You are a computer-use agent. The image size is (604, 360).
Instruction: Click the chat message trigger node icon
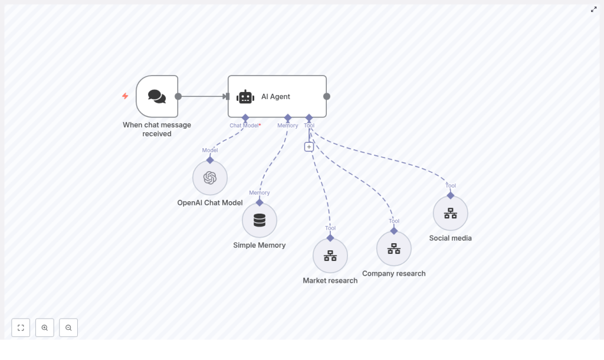pos(157,96)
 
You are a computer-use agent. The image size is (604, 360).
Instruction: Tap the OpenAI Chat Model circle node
pos(210,178)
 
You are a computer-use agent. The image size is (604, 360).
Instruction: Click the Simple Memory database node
pos(260,220)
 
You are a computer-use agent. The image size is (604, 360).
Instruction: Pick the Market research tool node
pos(330,256)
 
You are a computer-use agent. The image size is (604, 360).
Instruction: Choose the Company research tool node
pos(394,248)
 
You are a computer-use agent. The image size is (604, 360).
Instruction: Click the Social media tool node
pos(451,213)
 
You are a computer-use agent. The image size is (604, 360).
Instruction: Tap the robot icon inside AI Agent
pos(245,97)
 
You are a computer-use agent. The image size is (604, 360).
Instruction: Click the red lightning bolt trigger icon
pos(125,96)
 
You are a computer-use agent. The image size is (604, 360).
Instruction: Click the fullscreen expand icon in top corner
pos(594,9)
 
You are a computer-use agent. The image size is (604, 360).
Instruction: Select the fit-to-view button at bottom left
pos(21,328)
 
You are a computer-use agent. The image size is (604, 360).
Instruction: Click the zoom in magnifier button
pos(45,328)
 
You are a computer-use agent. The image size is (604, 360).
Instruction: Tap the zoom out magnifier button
pos(68,328)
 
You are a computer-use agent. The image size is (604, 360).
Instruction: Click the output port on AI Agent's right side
pos(327,96)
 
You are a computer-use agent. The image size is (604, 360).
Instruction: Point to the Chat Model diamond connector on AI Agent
pos(245,118)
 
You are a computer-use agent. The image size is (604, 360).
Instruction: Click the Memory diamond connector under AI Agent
pos(288,118)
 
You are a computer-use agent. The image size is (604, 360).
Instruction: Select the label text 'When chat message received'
pos(157,129)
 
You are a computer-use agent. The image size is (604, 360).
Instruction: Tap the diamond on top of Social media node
pos(451,195)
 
